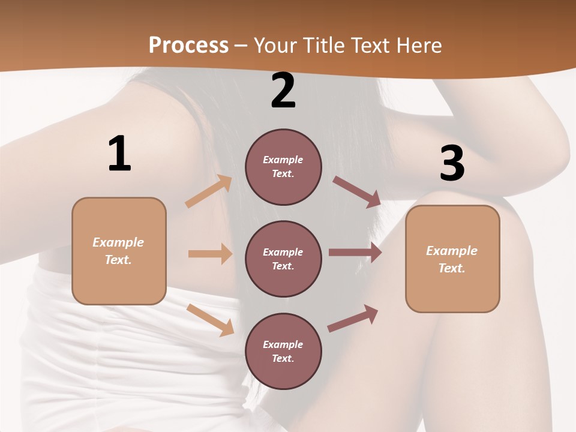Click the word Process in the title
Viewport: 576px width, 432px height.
tap(188, 45)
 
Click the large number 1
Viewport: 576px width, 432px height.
tap(119, 154)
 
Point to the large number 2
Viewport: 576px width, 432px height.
tap(283, 91)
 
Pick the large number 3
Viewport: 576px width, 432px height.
tap(452, 164)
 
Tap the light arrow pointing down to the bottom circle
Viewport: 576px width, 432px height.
tap(211, 320)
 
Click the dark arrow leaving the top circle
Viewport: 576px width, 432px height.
tap(356, 192)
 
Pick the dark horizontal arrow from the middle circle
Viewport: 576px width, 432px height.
tap(355, 253)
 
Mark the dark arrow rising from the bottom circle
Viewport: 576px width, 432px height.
tap(353, 318)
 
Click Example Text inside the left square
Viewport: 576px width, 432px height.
tap(118, 251)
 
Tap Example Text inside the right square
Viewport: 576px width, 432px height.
tap(452, 259)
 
